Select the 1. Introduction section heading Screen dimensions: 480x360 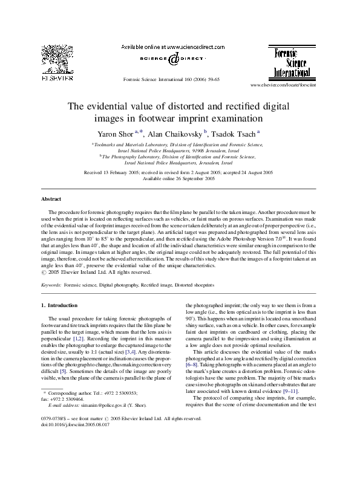click(59, 306)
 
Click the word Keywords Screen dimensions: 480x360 click(51, 284)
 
